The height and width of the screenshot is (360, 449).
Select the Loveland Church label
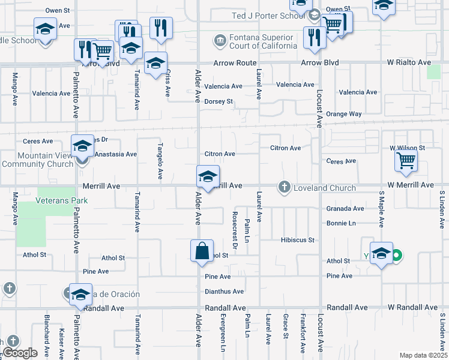[x=324, y=188]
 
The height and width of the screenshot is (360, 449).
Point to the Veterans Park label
[x=62, y=200]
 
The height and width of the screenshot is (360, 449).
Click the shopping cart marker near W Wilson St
[x=406, y=161]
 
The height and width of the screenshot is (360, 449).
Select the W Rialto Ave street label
[x=408, y=62]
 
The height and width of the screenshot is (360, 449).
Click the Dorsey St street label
[x=218, y=101]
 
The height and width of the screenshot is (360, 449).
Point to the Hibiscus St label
[x=297, y=240]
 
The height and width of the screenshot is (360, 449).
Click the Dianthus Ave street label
[x=224, y=292]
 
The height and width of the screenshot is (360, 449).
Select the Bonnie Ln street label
[x=341, y=223]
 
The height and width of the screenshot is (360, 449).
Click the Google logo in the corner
[x=20, y=353]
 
